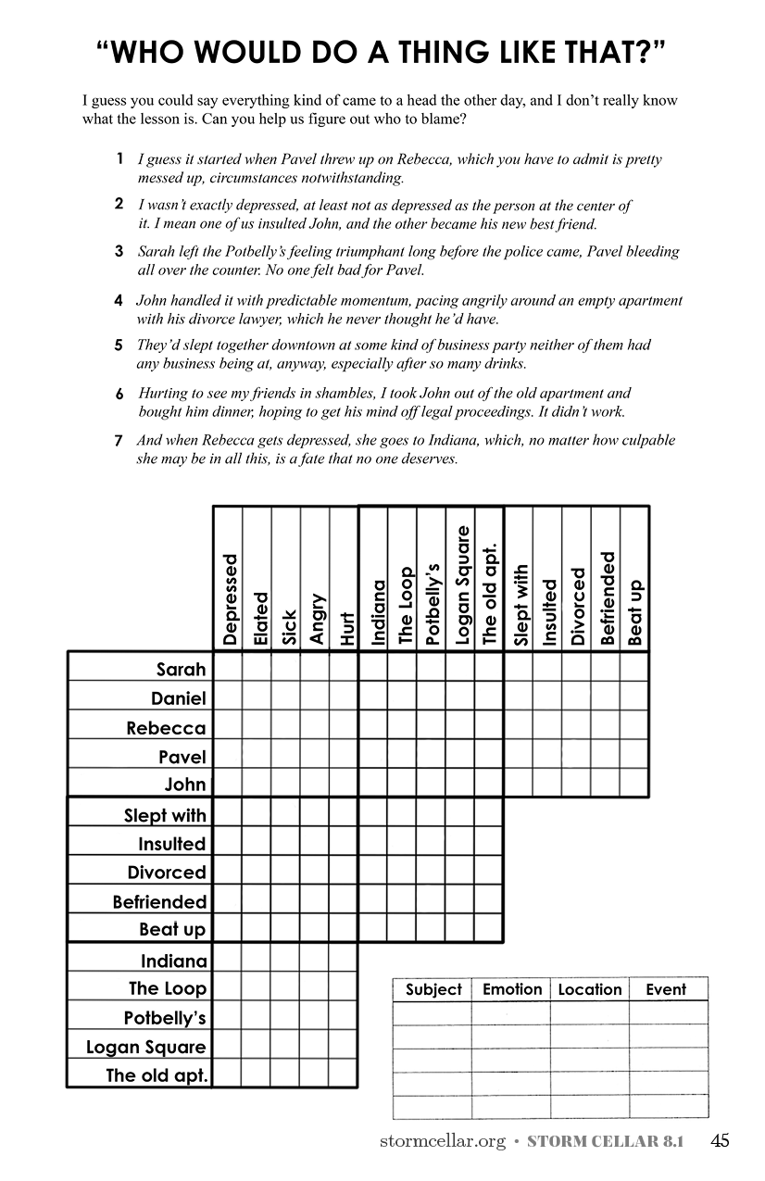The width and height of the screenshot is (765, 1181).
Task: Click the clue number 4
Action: click(119, 301)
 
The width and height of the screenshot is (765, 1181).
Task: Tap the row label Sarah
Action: click(181, 669)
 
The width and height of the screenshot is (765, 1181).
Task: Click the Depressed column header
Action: click(230, 599)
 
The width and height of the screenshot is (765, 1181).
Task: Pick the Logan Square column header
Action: click(462, 584)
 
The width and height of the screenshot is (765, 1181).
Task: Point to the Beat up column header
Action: click(635, 612)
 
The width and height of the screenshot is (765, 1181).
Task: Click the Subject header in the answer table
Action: click(433, 989)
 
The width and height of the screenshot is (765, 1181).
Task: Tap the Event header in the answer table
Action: click(666, 989)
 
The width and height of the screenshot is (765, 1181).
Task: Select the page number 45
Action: click(720, 1141)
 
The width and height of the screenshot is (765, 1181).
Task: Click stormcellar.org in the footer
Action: click(442, 1142)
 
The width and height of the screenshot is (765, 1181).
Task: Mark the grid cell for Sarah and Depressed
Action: click(228, 668)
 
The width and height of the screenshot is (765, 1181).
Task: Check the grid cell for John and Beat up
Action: click(634, 783)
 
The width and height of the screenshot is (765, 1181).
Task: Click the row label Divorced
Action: click(167, 873)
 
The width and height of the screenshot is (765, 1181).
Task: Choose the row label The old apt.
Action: click(157, 1075)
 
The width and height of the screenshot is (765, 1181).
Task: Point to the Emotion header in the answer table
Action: click(512, 989)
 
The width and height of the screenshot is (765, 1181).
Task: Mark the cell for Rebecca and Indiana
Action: click(373, 725)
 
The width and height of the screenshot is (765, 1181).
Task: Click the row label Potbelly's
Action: click(165, 1018)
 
